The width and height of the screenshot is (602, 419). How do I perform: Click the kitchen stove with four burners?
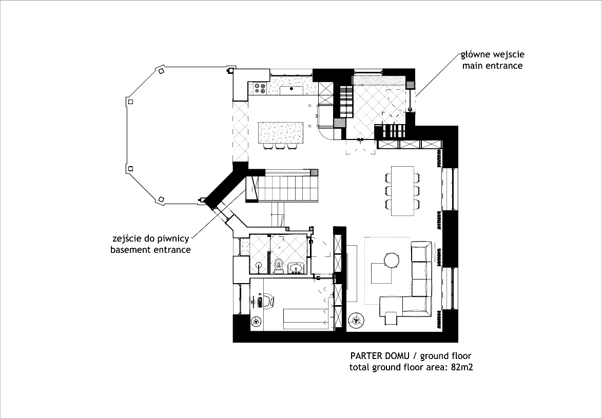click(259, 89)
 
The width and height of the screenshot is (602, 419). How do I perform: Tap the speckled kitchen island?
click(280, 133)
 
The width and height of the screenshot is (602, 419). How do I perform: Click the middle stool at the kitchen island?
click(280, 147)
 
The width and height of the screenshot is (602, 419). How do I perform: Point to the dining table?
click(402, 190)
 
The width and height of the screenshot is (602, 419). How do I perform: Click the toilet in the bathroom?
click(278, 265)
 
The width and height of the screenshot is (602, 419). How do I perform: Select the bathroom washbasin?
click(297, 268)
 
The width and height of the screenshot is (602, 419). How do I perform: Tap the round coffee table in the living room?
click(392, 261)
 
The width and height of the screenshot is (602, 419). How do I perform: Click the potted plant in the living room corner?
click(355, 321)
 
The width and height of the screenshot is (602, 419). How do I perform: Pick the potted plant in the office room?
click(256, 321)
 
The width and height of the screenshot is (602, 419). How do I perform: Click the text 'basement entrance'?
click(150, 250)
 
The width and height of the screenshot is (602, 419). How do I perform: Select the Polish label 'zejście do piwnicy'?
click(151, 239)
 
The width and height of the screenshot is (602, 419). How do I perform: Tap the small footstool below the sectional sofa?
click(391, 318)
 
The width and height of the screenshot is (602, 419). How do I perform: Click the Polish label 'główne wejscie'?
click(492, 55)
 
